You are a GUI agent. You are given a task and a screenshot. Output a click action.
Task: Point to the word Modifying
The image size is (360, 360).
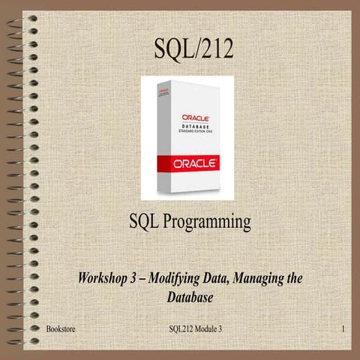(180, 279)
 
